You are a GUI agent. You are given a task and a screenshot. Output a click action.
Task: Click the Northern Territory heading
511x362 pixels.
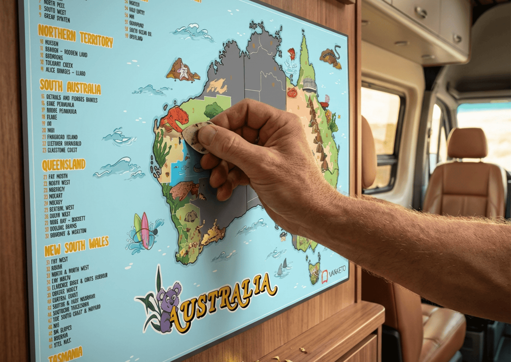coord(75,37)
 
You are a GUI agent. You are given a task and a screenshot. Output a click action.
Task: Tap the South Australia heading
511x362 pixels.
coord(70,87)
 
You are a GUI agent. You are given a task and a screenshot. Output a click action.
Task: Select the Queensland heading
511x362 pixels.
coord(64,165)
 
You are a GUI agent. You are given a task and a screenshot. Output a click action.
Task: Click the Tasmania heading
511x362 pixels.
coord(65,354)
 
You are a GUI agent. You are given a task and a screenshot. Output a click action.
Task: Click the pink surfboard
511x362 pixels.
coord(145,230)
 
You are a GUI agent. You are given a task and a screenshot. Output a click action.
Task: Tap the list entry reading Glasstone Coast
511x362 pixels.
coord(62,150)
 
